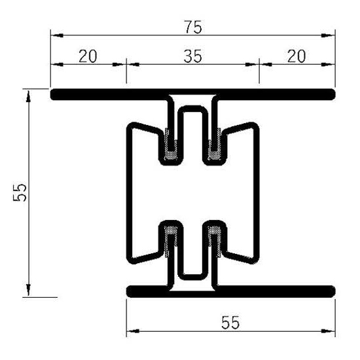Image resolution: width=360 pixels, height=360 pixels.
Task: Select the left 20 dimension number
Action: click(x=88, y=56)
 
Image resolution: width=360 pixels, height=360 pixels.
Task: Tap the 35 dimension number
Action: click(x=191, y=56)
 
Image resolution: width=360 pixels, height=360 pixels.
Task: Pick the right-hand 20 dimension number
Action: click(x=297, y=56)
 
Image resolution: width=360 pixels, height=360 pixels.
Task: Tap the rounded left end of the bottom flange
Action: click(x=131, y=291)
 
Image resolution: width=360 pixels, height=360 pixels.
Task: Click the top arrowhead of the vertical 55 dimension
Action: click(x=29, y=96)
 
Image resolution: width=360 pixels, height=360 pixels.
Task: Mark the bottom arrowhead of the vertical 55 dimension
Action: click(x=29, y=290)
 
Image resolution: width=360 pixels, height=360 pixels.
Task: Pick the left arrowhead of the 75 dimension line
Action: click(x=56, y=35)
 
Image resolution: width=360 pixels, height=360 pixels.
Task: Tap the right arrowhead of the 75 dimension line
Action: click(x=331, y=35)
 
